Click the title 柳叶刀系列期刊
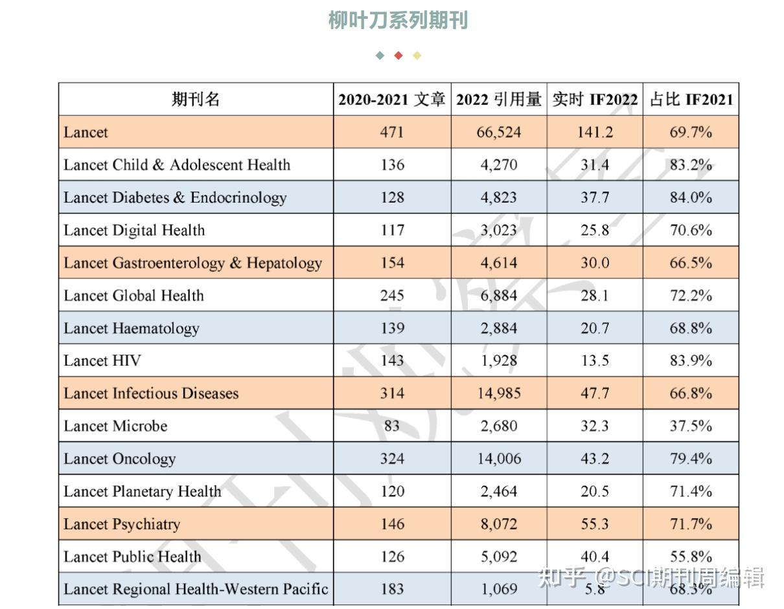(x=398, y=20)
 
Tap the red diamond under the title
(x=398, y=56)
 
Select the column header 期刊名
(x=196, y=99)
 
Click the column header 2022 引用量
(x=499, y=99)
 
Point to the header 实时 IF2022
(x=595, y=99)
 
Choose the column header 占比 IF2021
(x=691, y=99)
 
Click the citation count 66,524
(x=499, y=132)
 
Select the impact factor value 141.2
(x=595, y=132)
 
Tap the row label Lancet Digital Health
(x=134, y=230)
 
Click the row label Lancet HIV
(x=102, y=360)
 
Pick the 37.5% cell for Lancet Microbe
(x=691, y=426)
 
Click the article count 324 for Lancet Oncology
(x=392, y=459)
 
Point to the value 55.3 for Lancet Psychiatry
(x=595, y=524)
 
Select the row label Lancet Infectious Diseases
(x=151, y=393)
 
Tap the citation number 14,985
(x=499, y=393)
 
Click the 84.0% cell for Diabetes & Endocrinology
(x=691, y=197)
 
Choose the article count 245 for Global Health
(x=392, y=296)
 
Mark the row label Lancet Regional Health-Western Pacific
(x=196, y=590)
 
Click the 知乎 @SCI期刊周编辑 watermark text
(x=651, y=577)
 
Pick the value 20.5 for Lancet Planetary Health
(x=595, y=491)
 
